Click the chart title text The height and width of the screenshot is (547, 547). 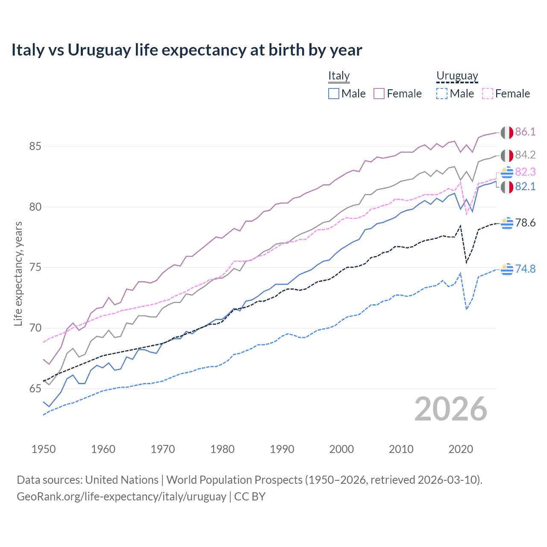click(x=187, y=50)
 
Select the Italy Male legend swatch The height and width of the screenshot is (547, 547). click(x=334, y=94)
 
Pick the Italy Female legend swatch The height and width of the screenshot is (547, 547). click(x=379, y=94)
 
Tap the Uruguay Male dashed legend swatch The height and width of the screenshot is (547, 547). click(x=442, y=94)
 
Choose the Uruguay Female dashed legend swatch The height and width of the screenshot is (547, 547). click(x=488, y=94)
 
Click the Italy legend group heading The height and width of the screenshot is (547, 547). click(x=339, y=76)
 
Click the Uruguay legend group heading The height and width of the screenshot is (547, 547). click(x=457, y=76)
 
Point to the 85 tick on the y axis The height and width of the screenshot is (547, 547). click(x=35, y=147)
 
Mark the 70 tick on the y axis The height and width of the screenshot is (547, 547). click(x=35, y=328)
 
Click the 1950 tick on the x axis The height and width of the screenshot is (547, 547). click(x=44, y=449)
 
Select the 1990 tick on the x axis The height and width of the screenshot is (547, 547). click(x=282, y=449)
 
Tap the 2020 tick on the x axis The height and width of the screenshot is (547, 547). click(x=461, y=449)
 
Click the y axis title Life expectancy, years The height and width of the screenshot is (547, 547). click(x=18, y=273)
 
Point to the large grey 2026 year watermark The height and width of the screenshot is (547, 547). click(x=450, y=409)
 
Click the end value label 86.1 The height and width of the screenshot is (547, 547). click(x=525, y=132)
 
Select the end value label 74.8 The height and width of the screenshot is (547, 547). click(x=525, y=269)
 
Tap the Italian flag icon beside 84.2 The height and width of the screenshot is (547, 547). click(x=507, y=156)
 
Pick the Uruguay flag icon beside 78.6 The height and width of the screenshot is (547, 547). click(x=507, y=223)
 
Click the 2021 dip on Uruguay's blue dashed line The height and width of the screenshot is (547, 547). click(x=467, y=309)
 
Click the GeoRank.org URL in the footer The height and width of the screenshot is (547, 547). click(x=121, y=497)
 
